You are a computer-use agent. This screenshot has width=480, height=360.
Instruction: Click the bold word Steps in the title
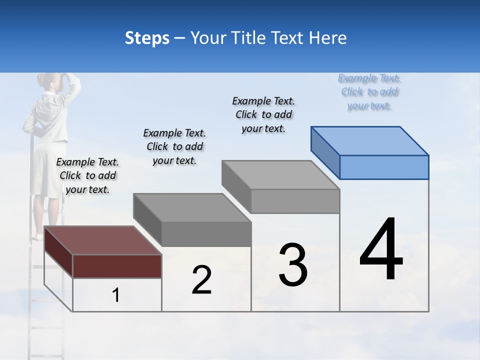147,38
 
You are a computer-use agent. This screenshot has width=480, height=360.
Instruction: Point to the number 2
201,280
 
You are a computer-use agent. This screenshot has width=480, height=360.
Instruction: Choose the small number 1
116,295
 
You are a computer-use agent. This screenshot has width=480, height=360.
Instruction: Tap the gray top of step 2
192,207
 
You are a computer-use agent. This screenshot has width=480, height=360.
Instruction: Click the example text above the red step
87,175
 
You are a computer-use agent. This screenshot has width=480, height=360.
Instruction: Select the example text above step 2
174,146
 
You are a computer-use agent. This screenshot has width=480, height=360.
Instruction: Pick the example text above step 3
263,114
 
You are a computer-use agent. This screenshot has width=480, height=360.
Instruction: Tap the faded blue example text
369,91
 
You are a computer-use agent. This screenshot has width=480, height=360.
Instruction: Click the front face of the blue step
384,167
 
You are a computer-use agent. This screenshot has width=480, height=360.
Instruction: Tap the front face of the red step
117,266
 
